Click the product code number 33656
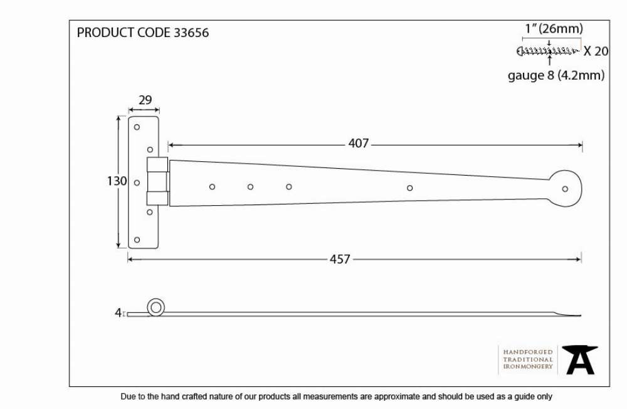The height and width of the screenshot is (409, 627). pyautogui.click(x=191, y=33)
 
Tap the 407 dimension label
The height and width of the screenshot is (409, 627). pyautogui.click(x=358, y=143)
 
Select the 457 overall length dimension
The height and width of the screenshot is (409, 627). pyautogui.click(x=340, y=259)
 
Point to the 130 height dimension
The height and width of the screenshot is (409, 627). pyautogui.click(x=117, y=181)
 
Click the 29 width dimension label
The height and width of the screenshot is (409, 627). pyautogui.click(x=145, y=100)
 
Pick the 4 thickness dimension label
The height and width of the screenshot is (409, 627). pyautogui.click(x=118, y=312)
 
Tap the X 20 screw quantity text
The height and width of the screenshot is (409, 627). pyautogui.click(x=596, y=51)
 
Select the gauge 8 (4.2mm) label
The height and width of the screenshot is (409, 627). pyautogui.click(x=556, y=75)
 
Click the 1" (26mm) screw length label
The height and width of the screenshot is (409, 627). pyautogui.click(x=554, y=28)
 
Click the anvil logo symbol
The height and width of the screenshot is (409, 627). pyautogui.click(x=580, y=360)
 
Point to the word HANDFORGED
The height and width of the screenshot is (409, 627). pyautogui.click(x=527, y=352)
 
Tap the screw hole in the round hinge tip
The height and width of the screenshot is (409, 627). pyautogui.click(x=565, y=189)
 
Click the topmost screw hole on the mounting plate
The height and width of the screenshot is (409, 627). pyautogui.click(x=137, y=127)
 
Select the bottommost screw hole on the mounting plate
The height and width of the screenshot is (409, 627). pyautogui.click(x=137, y=240)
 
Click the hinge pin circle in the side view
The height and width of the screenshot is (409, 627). pyautogui.click(x=155, y=307)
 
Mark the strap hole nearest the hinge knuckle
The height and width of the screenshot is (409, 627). pyautogui.click(x=212, y=187)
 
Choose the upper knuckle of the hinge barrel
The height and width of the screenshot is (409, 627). pyautogui.click(x=157, y=164)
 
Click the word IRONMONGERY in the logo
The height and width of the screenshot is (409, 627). pyautogui.click(x=528, y=366)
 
